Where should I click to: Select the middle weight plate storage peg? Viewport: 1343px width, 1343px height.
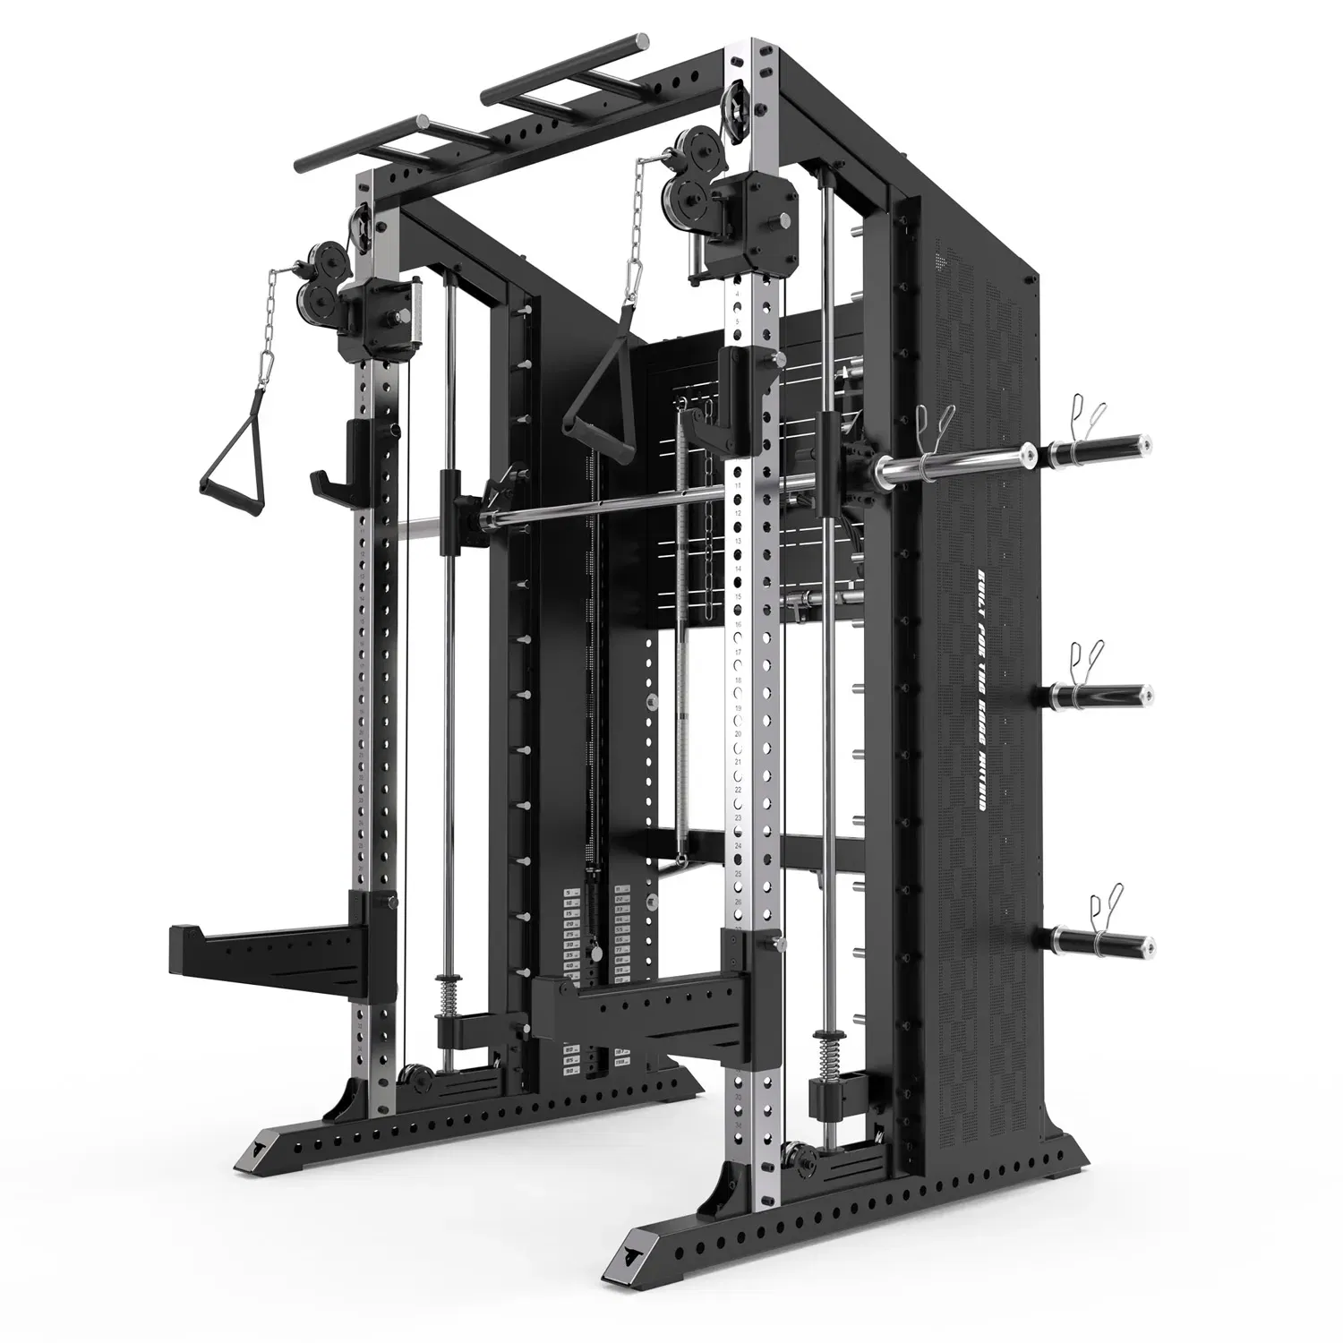pos(1100,696)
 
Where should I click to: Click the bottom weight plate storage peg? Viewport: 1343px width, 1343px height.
pos(1100,941)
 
